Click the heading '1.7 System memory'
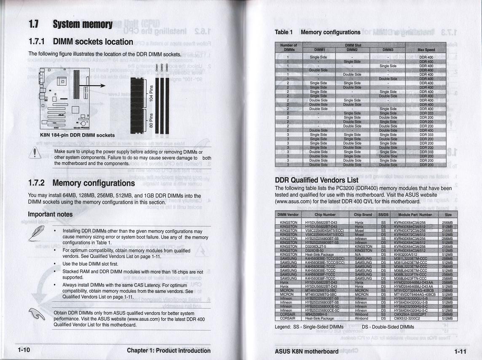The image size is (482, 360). click(70, 25)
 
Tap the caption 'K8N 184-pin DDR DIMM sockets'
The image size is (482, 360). click(77, 135)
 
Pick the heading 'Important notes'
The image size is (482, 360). click(50, 214)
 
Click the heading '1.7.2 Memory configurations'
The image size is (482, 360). click(81, 183)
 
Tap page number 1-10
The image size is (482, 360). click(24, 350)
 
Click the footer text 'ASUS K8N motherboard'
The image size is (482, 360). click(306, 351)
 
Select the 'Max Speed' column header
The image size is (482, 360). click(426, 50)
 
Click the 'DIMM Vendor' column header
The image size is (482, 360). click(288, 215)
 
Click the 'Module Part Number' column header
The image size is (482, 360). click(415, 215)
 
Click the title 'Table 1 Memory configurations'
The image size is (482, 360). click(317, 32)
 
